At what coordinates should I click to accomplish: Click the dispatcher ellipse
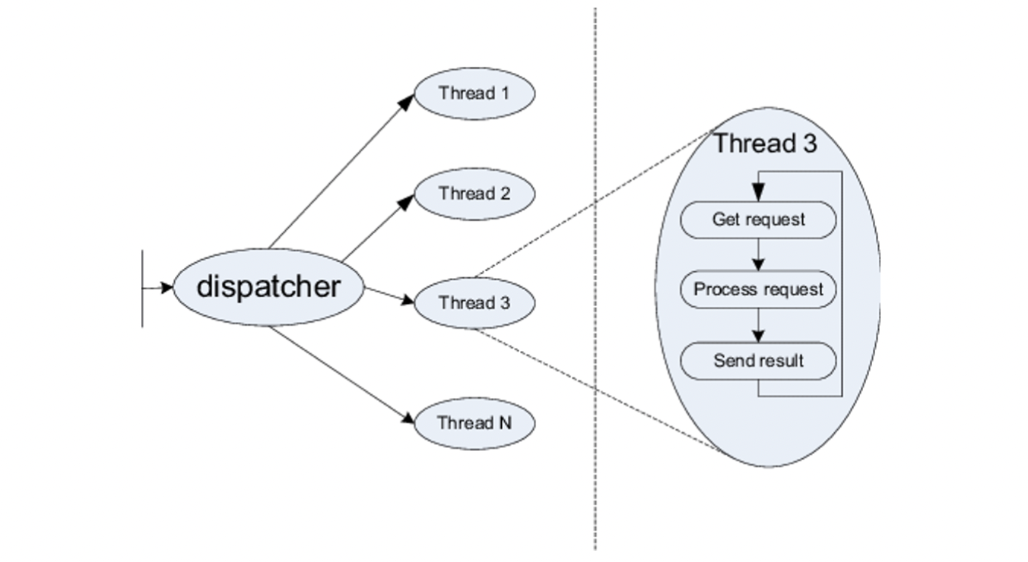[x=268, y=288]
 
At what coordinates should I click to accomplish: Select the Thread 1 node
[x=474, y=93]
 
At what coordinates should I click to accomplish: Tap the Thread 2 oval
[x=474, y=194]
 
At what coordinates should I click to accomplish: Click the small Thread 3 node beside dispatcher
[x=474, y=303]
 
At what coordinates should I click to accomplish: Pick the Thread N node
[x=474, y=423]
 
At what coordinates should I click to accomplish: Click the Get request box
[x=758, y=220]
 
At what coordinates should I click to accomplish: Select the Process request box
[x=758, y=289]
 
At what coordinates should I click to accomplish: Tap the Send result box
[x=758, y=360]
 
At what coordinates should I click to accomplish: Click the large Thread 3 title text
[x=764, y=144]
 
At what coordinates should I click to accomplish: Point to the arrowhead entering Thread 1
[x=408, y=101]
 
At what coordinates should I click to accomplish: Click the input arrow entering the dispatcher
[x=158, y=288]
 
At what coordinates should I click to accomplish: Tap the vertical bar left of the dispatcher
[x=142, y=288]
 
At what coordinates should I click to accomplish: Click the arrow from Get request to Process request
[x=758, y=255]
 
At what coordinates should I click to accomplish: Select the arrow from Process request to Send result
[x=758, y=325]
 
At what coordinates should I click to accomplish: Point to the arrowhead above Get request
[x=758, y=194]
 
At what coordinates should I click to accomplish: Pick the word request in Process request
[x=794, y=289]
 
